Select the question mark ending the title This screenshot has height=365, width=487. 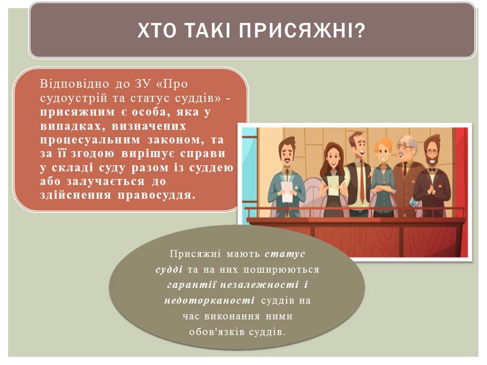[x=360, y=30]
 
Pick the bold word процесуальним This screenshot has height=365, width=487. [x=90, y=140]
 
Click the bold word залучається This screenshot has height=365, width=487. [x=106, y=181]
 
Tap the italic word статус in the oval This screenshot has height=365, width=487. [x=285, y=254]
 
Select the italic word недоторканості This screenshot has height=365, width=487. [x=210, y=301]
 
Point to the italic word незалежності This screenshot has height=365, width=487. [x=259, y=285]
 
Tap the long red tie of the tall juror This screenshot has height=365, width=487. [x=362, y=181]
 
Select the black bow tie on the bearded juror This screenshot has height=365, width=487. [x=431, y=170]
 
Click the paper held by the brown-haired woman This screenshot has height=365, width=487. [x=333, y=186]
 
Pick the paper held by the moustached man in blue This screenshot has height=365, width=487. [x=287, y=192]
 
